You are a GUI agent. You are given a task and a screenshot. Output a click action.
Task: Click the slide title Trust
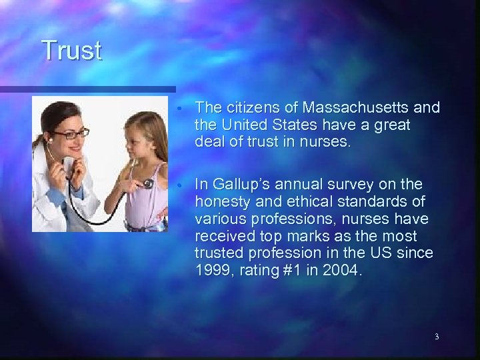[x=71, y=51]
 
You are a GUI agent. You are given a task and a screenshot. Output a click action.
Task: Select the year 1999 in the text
[x=213, y=271]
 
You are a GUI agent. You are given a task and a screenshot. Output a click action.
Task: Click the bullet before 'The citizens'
[x=181, y=108]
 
